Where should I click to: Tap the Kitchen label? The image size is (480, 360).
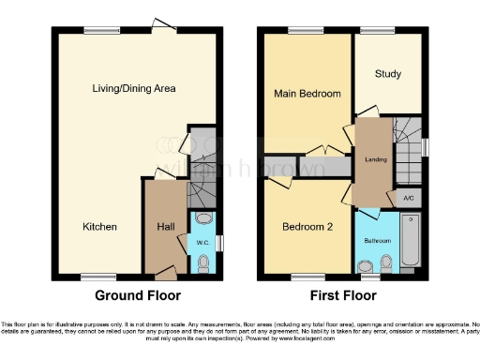pyautogui.click(x=99, y=227)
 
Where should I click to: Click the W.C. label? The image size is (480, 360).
pyautogui.click(x=202, y=243)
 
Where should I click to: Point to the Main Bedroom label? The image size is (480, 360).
pyautogui.click(x=307, y=94)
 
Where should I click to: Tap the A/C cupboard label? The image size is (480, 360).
pyautogui.click(x=408, y=199)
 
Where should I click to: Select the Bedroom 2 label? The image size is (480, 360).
pyautogui.click(x=307, y=227)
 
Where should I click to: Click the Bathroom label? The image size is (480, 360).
pyautogui.click(x=378, y=240)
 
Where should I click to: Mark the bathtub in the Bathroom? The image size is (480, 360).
pyautogui.click(x=410, y=242)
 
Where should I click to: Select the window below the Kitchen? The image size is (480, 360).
pyautogui.click(x=93, y=276)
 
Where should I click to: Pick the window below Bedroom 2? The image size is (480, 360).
pyautogui.click(x=303, y=276)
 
